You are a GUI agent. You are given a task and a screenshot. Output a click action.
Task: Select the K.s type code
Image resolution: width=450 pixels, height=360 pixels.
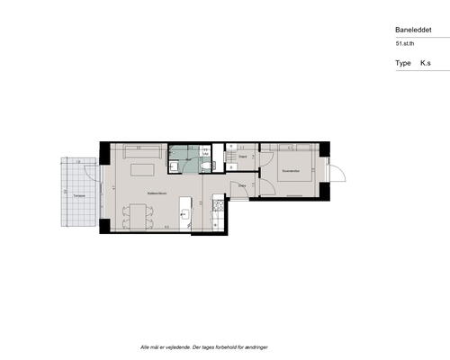tap(426, 64)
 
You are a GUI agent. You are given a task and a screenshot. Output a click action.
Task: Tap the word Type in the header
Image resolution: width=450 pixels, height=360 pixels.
tap(402, 64)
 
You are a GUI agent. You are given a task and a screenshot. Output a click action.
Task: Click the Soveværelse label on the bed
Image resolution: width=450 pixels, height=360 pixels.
tap(290, 170)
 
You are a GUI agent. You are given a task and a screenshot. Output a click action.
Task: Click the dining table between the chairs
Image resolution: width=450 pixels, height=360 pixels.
tap(138, 215)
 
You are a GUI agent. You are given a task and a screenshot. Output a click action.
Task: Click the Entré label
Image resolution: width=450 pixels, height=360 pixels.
tap(243, 185)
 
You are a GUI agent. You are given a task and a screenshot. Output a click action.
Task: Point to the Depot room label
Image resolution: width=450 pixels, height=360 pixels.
tap(243, 156)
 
